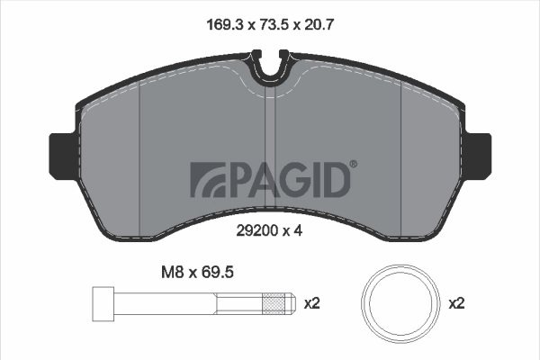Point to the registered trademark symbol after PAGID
[x=353, y=165]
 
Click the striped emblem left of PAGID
[x=209, y=179]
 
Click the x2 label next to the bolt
[x=311, y=304]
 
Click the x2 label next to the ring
[x=457, y=304]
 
